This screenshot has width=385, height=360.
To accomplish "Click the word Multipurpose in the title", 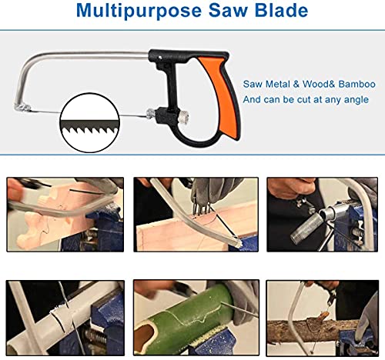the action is coord(139,11).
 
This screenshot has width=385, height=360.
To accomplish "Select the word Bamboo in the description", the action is coord(357,84).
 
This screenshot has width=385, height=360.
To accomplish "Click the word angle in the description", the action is coord(356,100).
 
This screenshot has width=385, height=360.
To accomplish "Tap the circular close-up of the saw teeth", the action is coord(89,122).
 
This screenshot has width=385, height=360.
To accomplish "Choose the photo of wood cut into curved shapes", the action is coord(65,215).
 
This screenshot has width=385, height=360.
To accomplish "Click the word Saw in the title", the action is coord(228,11).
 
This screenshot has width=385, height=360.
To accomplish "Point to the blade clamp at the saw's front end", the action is coord(22,108).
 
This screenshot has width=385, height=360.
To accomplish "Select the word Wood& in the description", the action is coord(318,84).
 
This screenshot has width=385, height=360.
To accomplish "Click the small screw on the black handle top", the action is coord(160,58).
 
